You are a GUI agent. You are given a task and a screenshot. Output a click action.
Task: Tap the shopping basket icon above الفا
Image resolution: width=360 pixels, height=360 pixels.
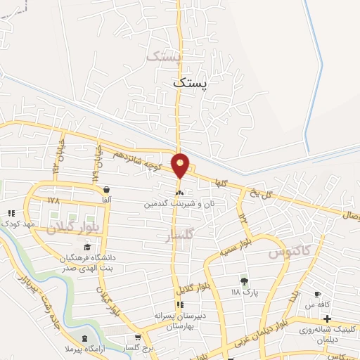(x=105, y=189)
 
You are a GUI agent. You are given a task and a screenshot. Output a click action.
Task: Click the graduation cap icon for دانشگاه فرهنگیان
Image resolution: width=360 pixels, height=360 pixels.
(x=86, y=247)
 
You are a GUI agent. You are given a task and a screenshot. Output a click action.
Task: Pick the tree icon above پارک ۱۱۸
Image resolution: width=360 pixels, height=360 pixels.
(x=244, y=281)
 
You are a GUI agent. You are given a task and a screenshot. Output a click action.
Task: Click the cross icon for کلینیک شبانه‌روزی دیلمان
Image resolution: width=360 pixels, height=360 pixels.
(x=327, y=319)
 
